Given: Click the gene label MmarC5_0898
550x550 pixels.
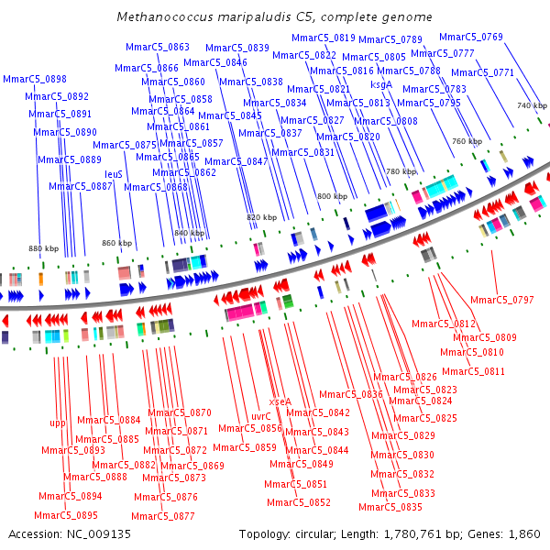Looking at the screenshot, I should click(x=35, y=80).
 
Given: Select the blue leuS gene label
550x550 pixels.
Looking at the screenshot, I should click(x=114, y=173).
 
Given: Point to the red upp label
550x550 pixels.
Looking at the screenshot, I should click(x=58, y=423).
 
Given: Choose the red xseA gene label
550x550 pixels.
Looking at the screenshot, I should click(x=280, y=401).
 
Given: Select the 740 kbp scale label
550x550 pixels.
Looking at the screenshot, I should click(x=532, y=106).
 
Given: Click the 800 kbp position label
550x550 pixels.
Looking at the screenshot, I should click(x=332, y=196).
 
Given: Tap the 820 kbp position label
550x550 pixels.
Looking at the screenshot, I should click(x=261, y=217).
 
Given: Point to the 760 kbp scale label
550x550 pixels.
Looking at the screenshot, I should click(x=467, y=142).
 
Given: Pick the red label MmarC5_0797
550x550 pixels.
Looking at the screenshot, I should click(x=501, y=300).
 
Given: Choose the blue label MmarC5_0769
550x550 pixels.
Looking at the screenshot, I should click(x=470, y=37).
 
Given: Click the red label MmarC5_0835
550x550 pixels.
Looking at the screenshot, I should click(x=390, y=507).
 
